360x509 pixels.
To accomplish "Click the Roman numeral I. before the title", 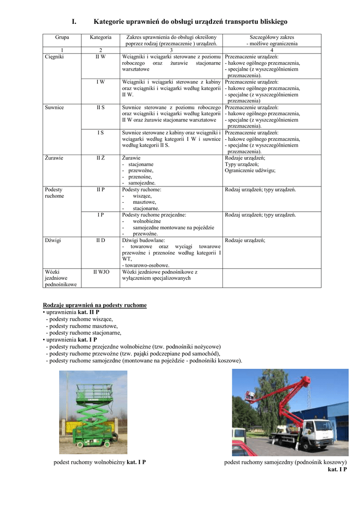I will click(x=73, y=21).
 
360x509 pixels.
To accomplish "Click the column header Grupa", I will click(x=62, y=37).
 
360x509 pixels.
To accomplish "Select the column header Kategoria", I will click(x=100, y=37).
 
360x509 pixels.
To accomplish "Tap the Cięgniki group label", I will click(x=54, y=57).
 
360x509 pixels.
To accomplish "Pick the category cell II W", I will click(x=100, y=57).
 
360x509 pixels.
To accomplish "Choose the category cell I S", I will click(x=100, y=133).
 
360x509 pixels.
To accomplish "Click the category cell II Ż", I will click(x=100, y=158).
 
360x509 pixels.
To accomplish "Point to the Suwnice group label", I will click(x=54, y=107).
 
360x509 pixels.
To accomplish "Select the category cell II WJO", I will click(x=101, y=272).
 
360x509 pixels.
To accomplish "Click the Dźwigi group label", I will click(x=53, y=240).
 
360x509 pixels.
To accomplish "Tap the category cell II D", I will click(x=100, y=240).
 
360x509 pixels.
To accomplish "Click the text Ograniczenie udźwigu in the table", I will click(x=250, y=170).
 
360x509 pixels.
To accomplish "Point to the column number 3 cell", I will click(x=171, y=50).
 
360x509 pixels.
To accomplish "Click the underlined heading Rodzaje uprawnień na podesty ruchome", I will click(x=95, y=305).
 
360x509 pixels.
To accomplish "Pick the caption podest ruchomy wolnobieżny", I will click(x=89, y=462).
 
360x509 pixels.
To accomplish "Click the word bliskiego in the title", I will click(x=271, y=21).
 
